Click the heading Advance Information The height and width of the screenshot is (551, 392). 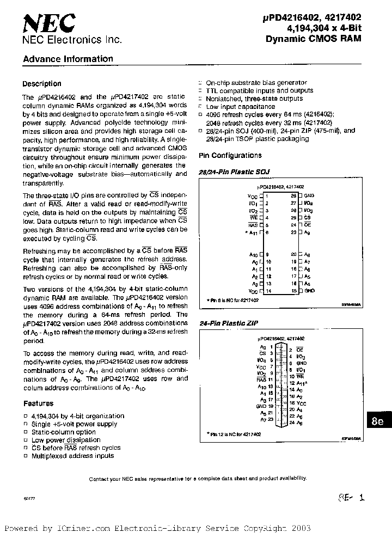click(x=68, y=59)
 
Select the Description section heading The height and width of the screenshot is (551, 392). click(x=41, y=84)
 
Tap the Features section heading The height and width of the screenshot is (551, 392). click(x=38, y=403)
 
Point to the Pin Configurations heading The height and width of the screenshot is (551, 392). click(x=230, y=156)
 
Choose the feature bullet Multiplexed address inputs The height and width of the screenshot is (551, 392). click(x=72, y=456)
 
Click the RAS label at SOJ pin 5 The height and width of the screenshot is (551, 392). click(x=253, y=224)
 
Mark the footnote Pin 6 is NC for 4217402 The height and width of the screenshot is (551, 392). click(x=232, y=300)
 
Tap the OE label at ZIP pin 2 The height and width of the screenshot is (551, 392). click(x=300, y=349)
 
